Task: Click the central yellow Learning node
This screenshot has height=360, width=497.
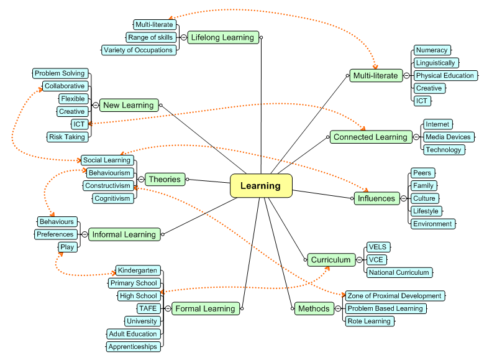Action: (261, 186)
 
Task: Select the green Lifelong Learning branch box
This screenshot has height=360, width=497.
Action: (222, 37)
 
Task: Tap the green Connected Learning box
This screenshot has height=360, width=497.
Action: (370, 137)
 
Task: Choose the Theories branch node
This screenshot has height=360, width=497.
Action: (165, 180)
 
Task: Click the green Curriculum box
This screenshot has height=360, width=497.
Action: (331, 260)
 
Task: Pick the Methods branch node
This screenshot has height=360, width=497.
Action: (314, 308)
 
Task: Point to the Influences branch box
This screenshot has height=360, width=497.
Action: (376, 198)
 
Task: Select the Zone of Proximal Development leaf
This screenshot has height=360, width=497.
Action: (394, 296)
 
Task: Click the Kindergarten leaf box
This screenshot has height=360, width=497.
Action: (137, 270)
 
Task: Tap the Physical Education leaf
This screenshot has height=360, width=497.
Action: (445, 76)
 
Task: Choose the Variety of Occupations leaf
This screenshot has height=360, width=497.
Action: (139, 50)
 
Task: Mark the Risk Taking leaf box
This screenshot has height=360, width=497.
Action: (67, 137)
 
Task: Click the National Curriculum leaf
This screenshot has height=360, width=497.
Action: (398, 272)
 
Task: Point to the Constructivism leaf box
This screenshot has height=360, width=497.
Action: (108, 186)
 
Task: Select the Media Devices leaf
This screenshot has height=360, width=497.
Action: (447, 137)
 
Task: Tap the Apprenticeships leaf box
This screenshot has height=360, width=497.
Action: (133, 347)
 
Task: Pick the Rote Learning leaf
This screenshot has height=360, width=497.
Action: (369, 321)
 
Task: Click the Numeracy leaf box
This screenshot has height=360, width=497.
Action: (431, 50)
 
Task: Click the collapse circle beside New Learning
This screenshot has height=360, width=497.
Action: (95, 106)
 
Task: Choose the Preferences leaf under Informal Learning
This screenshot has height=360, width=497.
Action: (55, 234)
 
